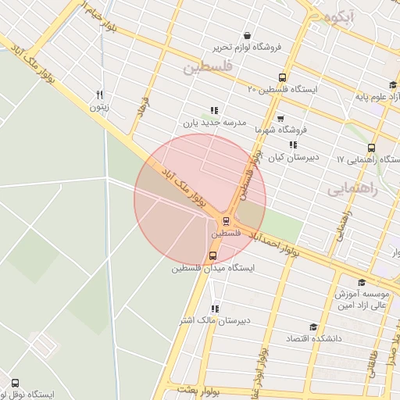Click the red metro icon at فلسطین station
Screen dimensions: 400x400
(x=226, y=221)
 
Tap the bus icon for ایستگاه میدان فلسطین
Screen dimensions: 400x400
(x=212, y=256)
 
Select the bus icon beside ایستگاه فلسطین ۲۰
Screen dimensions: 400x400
(x=282, y=77)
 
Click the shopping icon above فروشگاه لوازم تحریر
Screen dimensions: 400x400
(x=248, y=35)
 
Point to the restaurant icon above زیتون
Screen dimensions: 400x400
(x=98, y=95)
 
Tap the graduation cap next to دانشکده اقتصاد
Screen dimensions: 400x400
(x=313, y=327)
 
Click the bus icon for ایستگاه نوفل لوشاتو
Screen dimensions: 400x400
(x=15, y=383)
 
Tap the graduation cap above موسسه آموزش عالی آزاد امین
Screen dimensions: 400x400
(x=361, y=282)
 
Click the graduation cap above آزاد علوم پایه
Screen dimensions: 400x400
(x=392, y=85)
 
